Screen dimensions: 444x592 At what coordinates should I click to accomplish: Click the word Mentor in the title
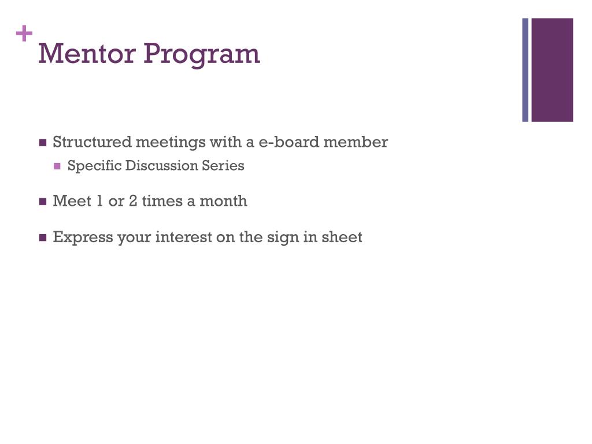pos(87,54)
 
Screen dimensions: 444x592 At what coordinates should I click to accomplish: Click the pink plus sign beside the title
pos(24,35)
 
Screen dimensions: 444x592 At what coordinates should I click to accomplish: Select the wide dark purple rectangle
pos(552,70)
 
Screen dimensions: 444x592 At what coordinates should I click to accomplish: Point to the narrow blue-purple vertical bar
pos(526,70)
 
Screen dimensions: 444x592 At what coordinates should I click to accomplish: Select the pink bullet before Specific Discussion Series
pos(57,166)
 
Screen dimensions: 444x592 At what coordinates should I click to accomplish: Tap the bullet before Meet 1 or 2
pos(43,202)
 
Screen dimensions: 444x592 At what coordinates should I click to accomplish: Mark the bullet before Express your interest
pos(43,238)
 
